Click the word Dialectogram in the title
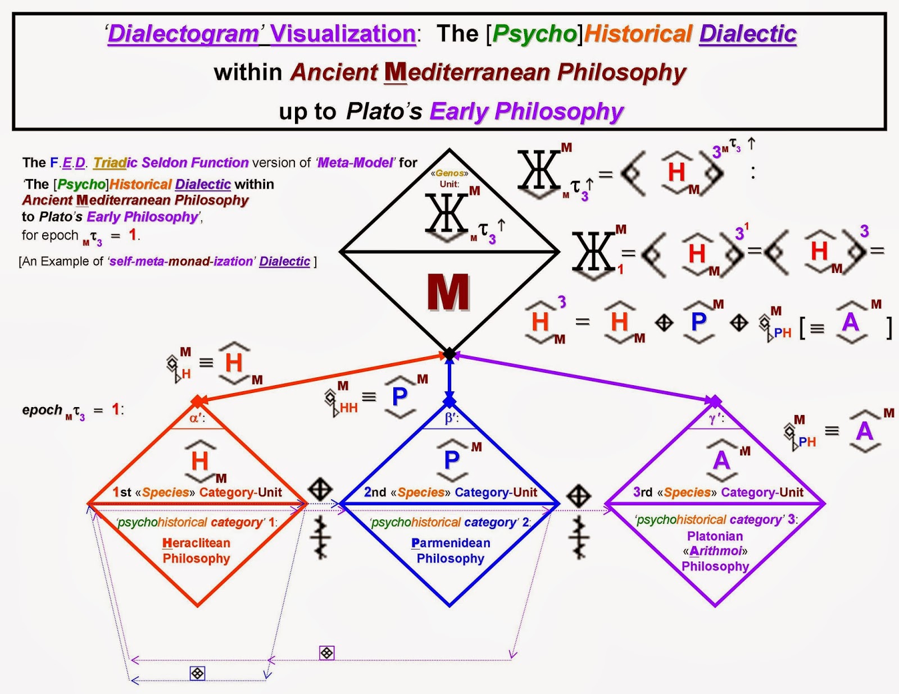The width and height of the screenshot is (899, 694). (x=183, y=34)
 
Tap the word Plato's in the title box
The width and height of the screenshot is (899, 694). (x=384, y=111)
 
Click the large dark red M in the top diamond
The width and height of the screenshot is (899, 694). (x=448, y=292)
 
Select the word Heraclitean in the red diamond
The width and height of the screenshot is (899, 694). (x=196, y=543)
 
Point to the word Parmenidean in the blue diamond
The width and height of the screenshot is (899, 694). (x=451, y=543)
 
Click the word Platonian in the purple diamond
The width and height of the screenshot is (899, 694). (x=715, y=536)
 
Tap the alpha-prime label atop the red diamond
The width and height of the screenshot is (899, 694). (x=197, y=418)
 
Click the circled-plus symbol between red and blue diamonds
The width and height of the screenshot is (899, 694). (x=320, y=489)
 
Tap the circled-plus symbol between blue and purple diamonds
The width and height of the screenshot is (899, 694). (x=578, y=495)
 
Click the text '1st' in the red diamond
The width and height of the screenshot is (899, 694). (x=122, y=492)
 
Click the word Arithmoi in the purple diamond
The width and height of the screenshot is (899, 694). (x=715, y=551)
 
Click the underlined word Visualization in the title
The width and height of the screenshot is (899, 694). (x=343, y=34)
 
